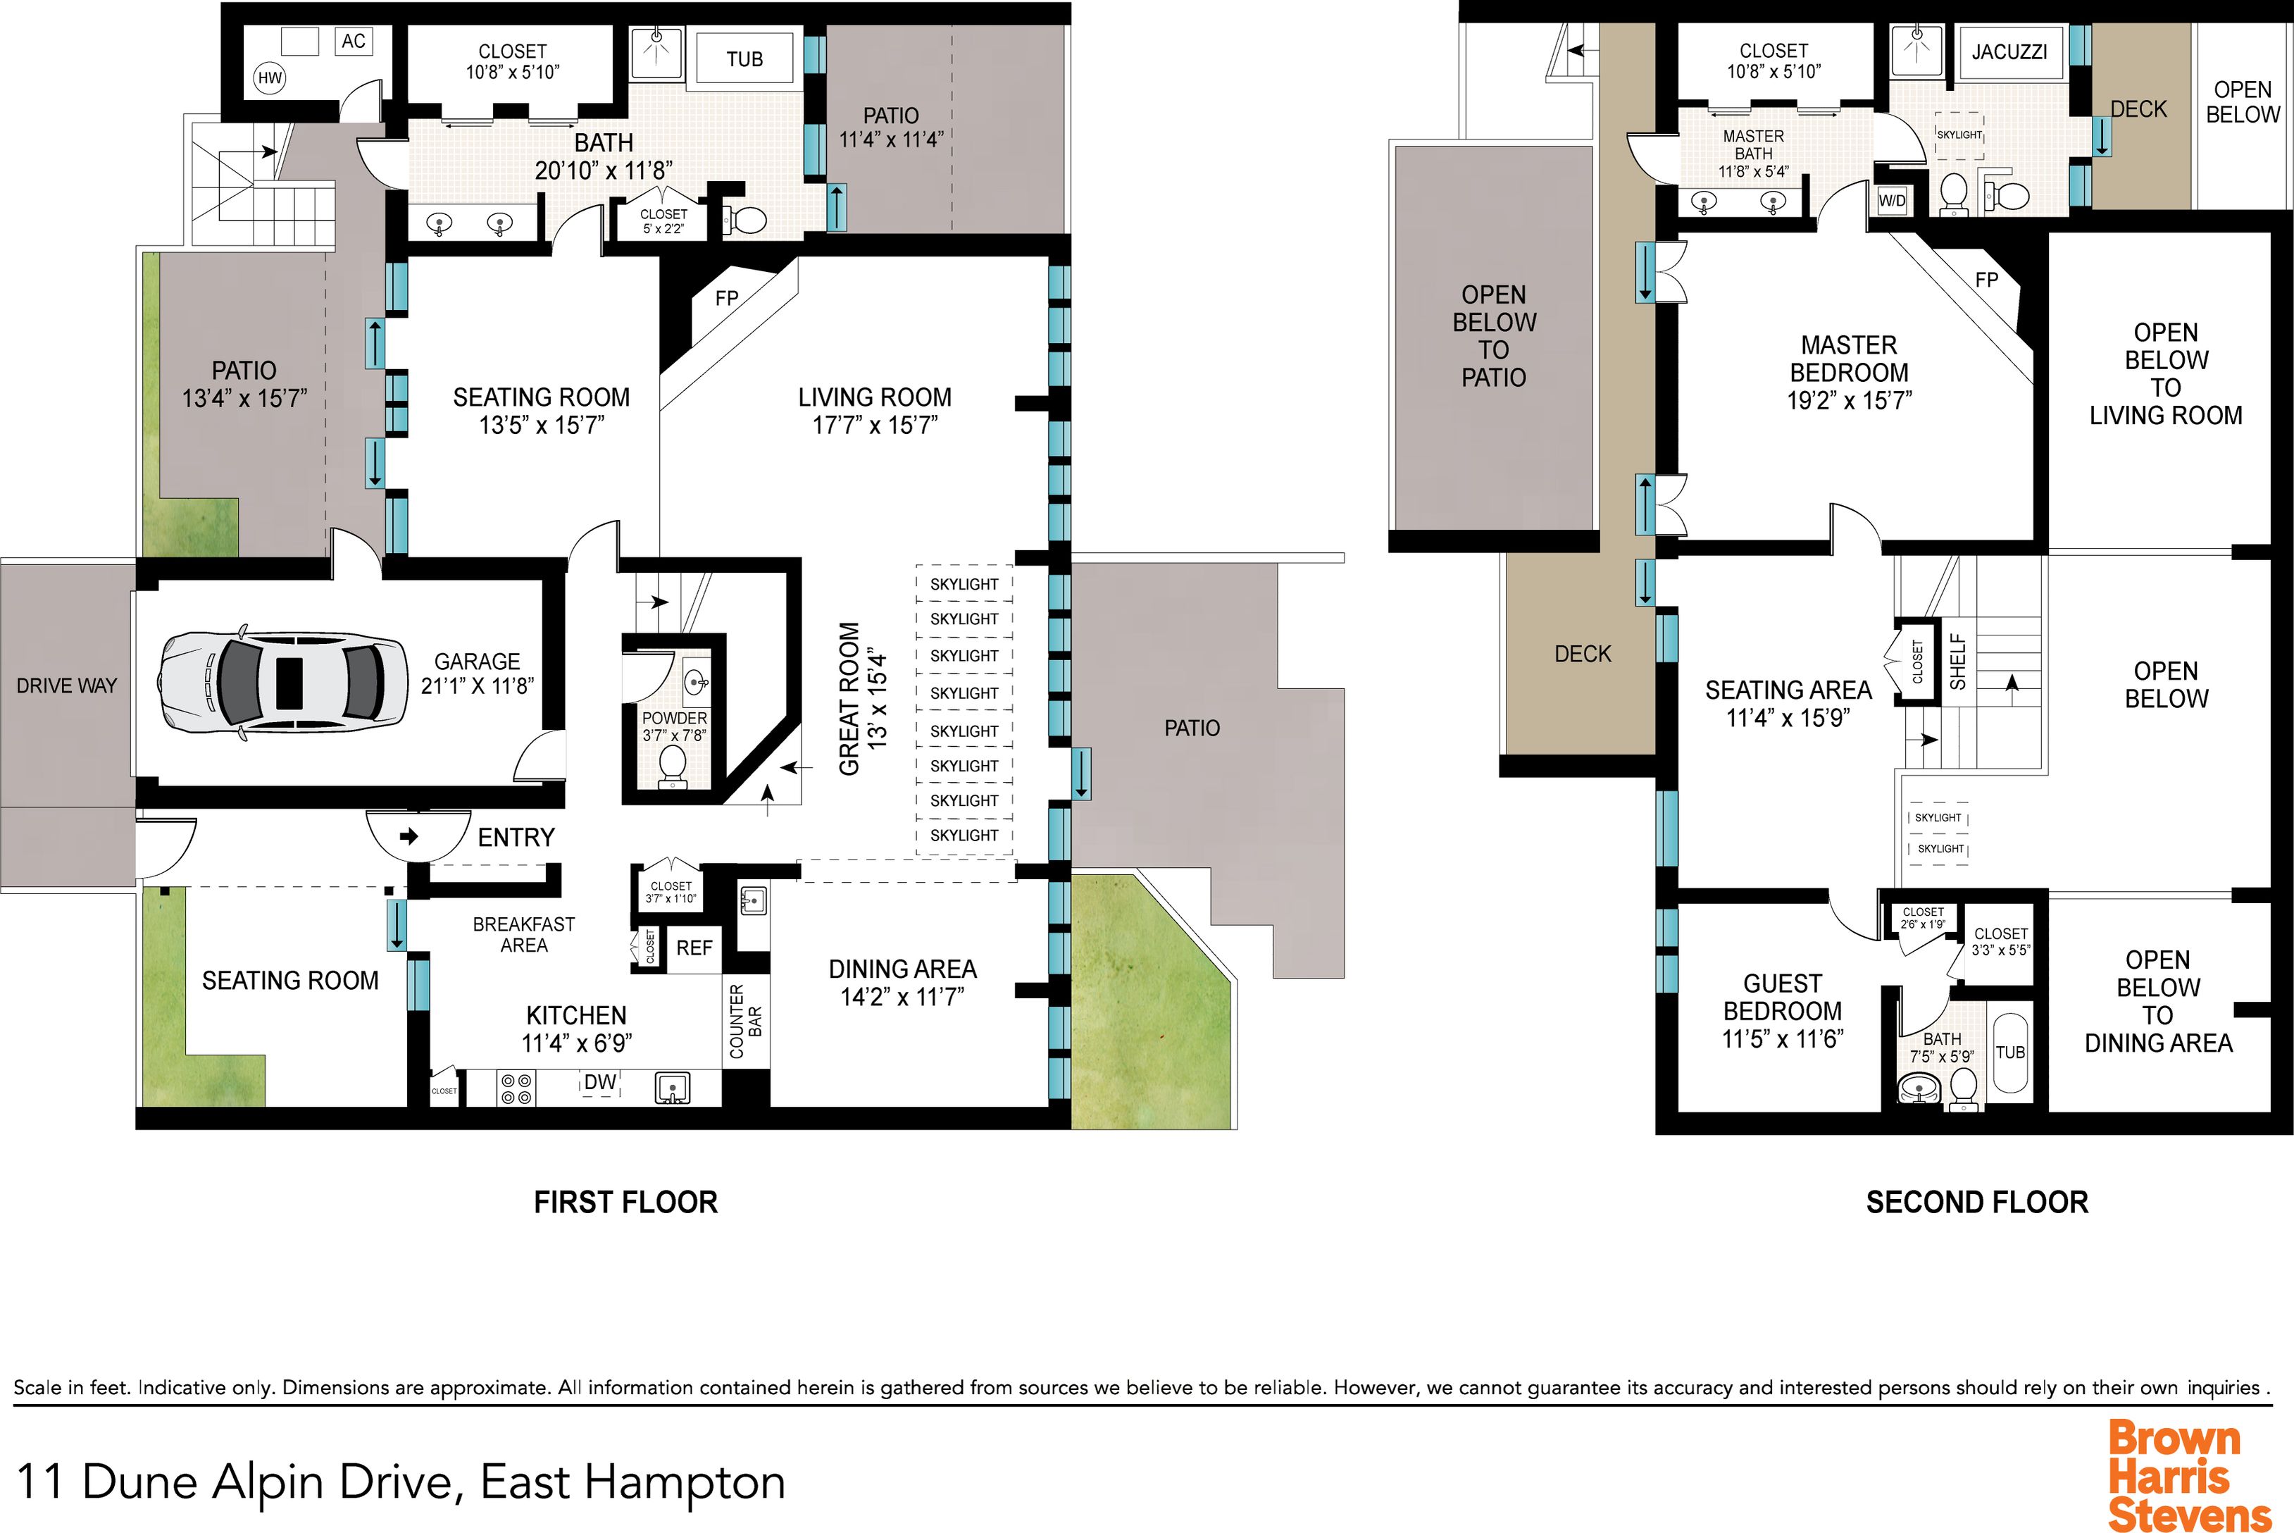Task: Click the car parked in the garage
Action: click(283, 681)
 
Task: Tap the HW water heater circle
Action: click(270, 79)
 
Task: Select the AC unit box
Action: click(353, 41)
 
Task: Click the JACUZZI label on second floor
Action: click(2009, 52)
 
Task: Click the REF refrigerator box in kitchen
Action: click(694, 948)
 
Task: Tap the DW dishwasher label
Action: click(600, 1082)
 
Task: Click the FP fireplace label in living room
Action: click(726, 298)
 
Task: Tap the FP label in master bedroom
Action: click(1986, 280)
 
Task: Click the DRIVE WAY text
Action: click(66, 685)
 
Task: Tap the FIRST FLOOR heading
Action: click(625, 1202)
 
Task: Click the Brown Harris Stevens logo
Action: click(2188, 1477)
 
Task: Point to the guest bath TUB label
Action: click(2011, 1052)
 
